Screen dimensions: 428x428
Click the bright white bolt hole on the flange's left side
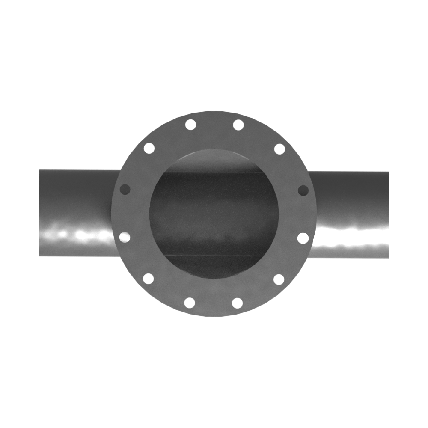tap(125, 236)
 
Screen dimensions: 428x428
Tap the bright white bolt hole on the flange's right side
tap(303, 238)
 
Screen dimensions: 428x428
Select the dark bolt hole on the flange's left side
tap(125, 189)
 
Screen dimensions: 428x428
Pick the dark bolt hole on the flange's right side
tap(303, 190)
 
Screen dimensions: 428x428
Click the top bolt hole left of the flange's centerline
tap(190, 125)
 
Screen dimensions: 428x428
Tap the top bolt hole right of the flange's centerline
tap(238, 125)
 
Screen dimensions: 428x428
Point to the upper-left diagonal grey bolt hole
tap(149, 149)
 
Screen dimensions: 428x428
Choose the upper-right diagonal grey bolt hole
tap(279, 149)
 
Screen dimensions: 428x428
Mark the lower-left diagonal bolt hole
tap(149, 279)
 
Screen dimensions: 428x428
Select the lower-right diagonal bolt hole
tap(279, 280)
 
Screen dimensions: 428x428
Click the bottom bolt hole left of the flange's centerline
tap(190, 303)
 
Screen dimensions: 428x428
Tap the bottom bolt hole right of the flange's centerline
tap(238, 303)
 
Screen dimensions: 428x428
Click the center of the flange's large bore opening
tap(214, 214)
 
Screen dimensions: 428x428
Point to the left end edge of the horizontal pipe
tap(39, 213)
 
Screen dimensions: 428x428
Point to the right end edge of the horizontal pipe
tap(389, 215)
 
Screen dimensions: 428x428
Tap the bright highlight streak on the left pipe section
tap(77, 235)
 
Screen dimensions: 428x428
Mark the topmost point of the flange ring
tap(214, 112)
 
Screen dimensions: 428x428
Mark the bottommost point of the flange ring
tap(214, 317)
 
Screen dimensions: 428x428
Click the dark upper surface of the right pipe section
tap(351, 188)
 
